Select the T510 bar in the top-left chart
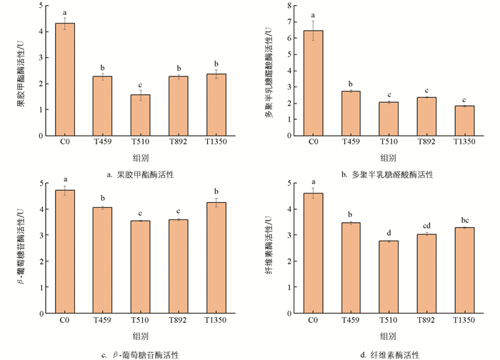[141, 116]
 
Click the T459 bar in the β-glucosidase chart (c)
[103, 260]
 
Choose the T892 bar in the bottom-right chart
[426, 274]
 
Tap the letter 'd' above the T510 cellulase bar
[389, 233]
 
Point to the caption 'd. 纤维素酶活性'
[389, 354]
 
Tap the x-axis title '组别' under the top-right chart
[389, 159]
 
